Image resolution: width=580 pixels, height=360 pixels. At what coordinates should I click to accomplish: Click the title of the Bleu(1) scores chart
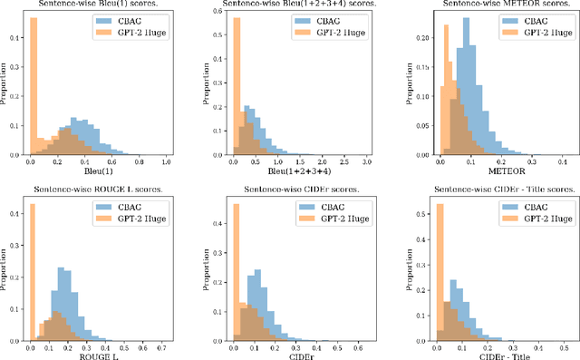(x=97, y=5)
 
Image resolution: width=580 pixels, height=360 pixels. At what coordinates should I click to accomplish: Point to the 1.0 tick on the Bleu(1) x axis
(x=166, y=161)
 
